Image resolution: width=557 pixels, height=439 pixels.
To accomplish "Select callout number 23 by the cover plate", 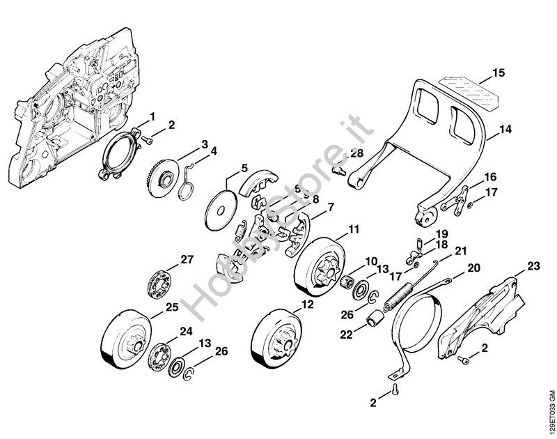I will click(x=533, y=265).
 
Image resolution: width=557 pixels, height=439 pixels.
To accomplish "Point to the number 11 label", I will click(x=354, y=229).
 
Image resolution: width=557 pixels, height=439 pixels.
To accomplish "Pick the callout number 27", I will click(x=187, y=260).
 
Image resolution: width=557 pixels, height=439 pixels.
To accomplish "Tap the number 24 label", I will click(x=187, y=331).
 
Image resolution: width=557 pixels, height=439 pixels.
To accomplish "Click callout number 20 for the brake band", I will click(x=473, y=268).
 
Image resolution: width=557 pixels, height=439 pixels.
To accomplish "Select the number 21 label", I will click(x=460, y=251).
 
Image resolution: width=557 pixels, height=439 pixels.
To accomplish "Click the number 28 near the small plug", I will click(x=356, y=153).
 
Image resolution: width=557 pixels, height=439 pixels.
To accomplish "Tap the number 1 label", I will click(x=152, y=115).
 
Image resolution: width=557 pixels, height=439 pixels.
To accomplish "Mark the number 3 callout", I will click(x=205, y=144).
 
